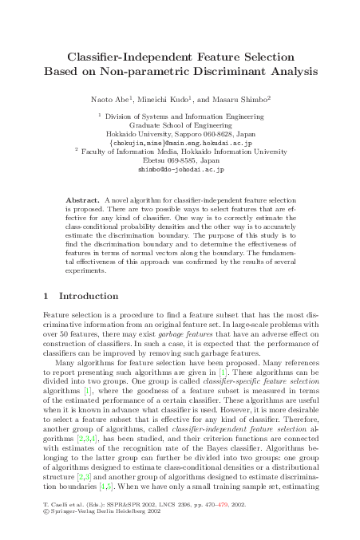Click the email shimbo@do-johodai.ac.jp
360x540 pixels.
tap(180, 169)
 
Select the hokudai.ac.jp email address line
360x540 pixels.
tap(180, 143)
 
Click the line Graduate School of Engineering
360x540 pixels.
tap(180, 125)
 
